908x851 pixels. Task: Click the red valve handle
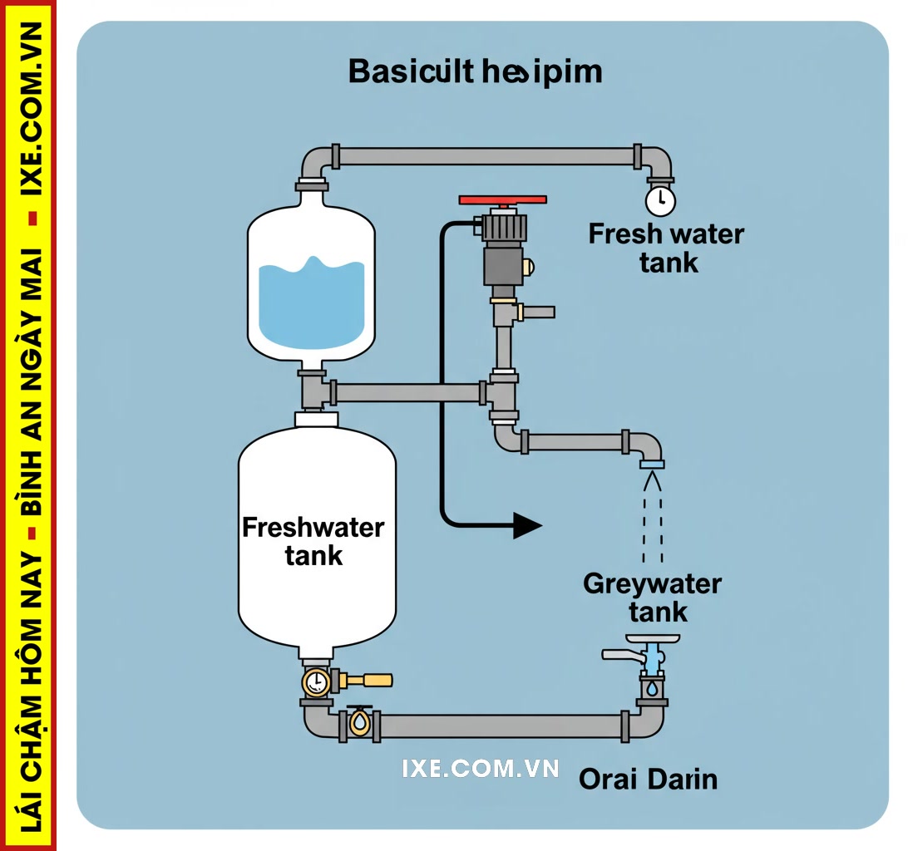click(x=502, y=200)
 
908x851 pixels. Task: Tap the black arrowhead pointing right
click(x=526, y=525)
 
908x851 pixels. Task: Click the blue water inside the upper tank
click(x=311, y=303)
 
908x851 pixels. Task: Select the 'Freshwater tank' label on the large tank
click(x=313, y=541)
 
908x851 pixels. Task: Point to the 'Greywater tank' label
click(x=653, y=598)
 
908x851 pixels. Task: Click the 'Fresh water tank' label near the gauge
click(x=666, y=248)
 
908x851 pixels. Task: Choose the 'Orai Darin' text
click(x=648, y=780)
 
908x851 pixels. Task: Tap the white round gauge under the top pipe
click(x=660, y=200)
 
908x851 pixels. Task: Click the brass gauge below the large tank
click(x=316, y=682)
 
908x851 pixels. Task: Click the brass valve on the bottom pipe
click(x=359, y=721)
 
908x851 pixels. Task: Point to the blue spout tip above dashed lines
click(x=652, y=463)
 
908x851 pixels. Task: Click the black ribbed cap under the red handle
click(x=503, y=225)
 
